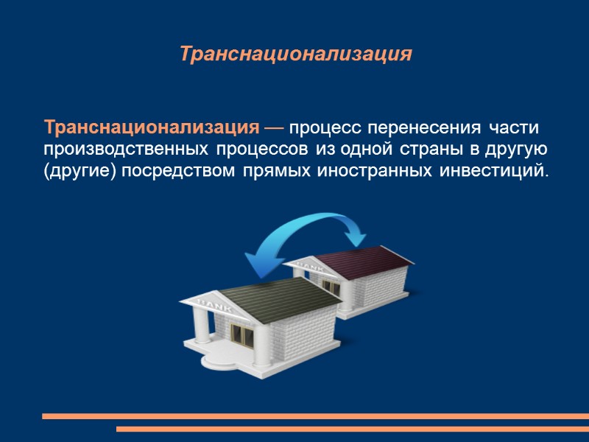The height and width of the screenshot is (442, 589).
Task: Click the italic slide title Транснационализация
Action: point(294,55)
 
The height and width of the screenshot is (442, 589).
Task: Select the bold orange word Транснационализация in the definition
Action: point(152,127)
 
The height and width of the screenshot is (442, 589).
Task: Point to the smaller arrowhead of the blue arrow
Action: point(358,237)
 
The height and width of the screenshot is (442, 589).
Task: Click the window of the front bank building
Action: point(241,336)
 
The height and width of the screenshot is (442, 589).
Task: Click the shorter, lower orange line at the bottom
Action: point(353,429)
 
